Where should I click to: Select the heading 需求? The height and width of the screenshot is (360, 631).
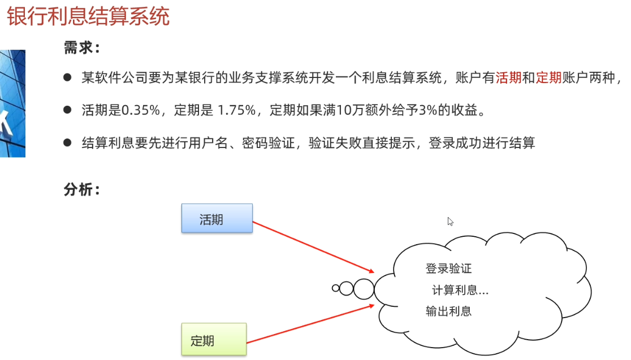click(x=81, y=48)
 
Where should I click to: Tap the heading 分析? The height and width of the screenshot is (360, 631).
click(x=81, y=190)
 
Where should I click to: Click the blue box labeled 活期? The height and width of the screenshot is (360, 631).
click(x=217, y=219)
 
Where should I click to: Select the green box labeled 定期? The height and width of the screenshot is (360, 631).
click(x=214, y=339)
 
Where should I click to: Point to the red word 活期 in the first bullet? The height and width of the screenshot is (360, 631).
click(x=508, y=78)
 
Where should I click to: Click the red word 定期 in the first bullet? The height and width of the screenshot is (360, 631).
click(x=548, y=78)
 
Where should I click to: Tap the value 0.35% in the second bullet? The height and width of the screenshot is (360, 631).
click(x=141, y=110)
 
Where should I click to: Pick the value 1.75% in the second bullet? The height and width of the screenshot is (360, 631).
click(x=237, y=110)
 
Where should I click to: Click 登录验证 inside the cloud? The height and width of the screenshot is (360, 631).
click(x=448, y=268)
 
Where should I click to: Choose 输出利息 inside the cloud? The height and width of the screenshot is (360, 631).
click(x=448, y=311)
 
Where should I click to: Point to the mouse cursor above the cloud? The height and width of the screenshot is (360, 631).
click(x=450, y=221)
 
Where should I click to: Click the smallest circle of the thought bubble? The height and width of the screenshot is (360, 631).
click(x=335, y=288)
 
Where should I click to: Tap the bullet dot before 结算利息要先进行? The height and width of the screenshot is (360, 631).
click(x=67, y=142)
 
